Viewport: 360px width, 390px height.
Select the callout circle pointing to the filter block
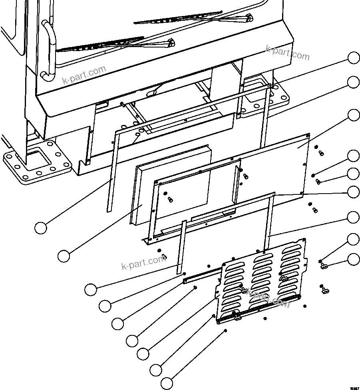pos(64,256)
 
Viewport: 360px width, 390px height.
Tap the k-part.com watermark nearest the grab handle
pos(84,75)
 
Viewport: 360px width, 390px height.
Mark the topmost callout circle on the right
pos(354,58)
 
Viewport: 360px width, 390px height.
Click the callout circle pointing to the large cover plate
pos(354,115)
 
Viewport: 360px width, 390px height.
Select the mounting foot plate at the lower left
pos(36,162)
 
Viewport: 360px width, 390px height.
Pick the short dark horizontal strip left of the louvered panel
pos(202,275)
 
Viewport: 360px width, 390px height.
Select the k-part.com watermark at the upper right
pos(288,53)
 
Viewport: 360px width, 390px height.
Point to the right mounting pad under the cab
pos(266,96)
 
